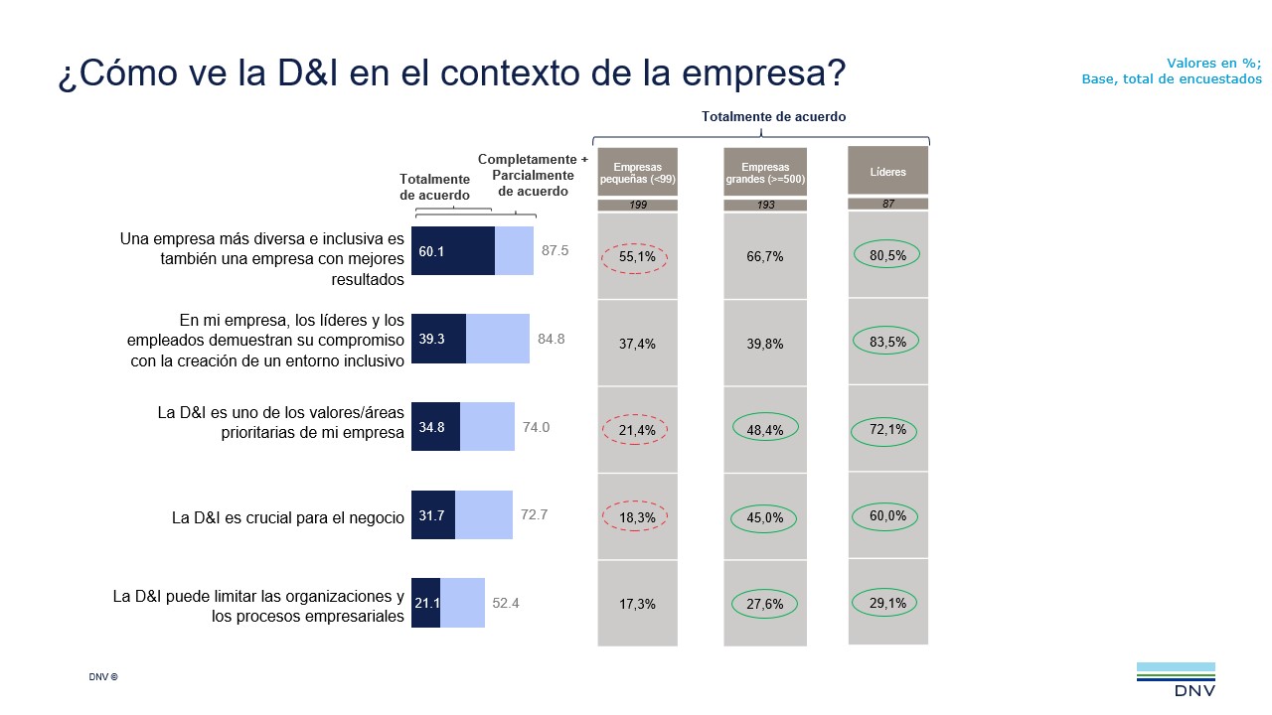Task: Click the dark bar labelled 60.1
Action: [x=453, y=251]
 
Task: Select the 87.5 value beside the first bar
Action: [x=555, y=251]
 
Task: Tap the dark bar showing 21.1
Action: [x=426, y=603]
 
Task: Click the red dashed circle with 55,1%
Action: [x=636, y=256]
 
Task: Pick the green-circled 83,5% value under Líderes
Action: [x=886, y=341]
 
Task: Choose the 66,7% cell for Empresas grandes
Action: [x=765, y=256]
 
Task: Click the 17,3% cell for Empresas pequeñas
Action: [x=636, y=604]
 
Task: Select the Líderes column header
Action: [x=887, y=172]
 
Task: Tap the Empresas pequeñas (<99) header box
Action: [x=637, y=173]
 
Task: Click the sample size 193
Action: [x=765, y=205]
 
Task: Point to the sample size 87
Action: [x=887, y=204]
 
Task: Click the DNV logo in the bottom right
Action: [x=1176, y=680]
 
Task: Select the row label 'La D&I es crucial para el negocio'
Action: [x=288, y=517]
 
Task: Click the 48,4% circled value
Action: [x=765, y=430]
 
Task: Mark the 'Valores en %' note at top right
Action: [x=1213, y=63]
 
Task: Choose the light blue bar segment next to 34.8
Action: [x=487, y=427]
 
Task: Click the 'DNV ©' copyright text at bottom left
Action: [x=103, y=677]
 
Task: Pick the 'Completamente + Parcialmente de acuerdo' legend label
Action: [x=533, y=175]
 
